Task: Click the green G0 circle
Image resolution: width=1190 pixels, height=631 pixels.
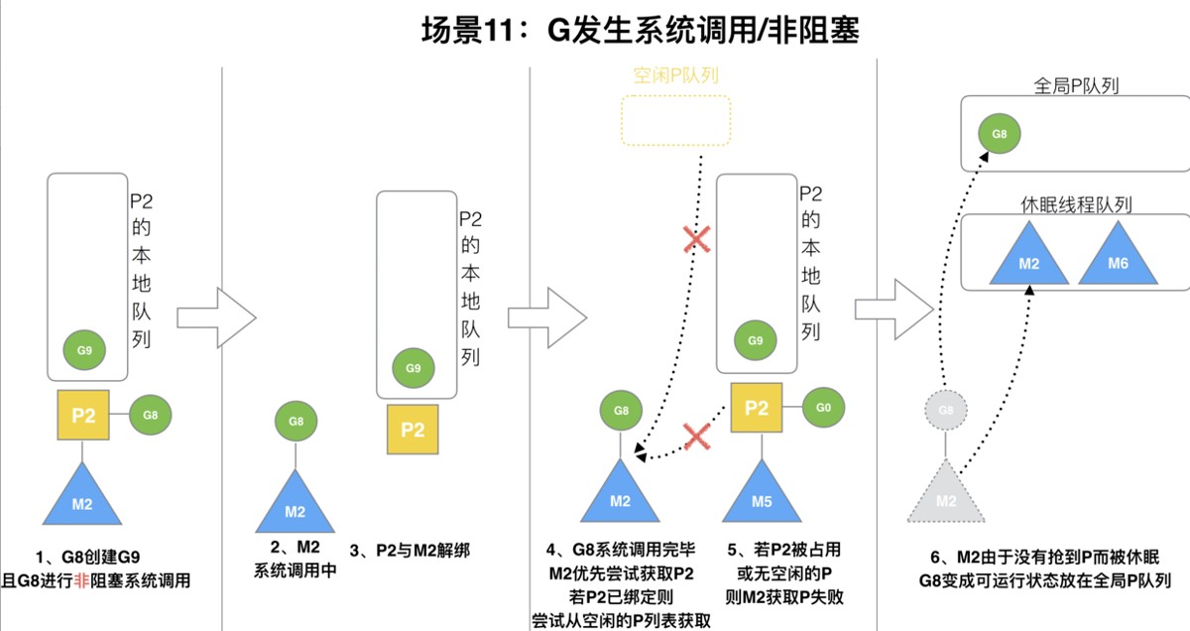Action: click(823, 408)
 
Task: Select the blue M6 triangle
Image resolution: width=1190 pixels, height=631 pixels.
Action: click(1117, 257)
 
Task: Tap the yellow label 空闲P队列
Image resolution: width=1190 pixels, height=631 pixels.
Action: click(675, 76)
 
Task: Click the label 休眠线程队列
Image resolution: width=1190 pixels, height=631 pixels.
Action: click(1076, 204)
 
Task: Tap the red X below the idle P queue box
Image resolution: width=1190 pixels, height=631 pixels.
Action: click(696, 238)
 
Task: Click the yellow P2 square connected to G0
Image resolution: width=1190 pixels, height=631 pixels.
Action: click(757, 408)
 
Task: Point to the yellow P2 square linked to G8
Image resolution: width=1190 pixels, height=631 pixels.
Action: click(83, 415)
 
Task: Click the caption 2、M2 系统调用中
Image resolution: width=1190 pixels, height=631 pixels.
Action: click(295, 561)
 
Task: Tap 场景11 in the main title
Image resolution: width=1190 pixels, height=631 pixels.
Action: click(475, 32)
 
